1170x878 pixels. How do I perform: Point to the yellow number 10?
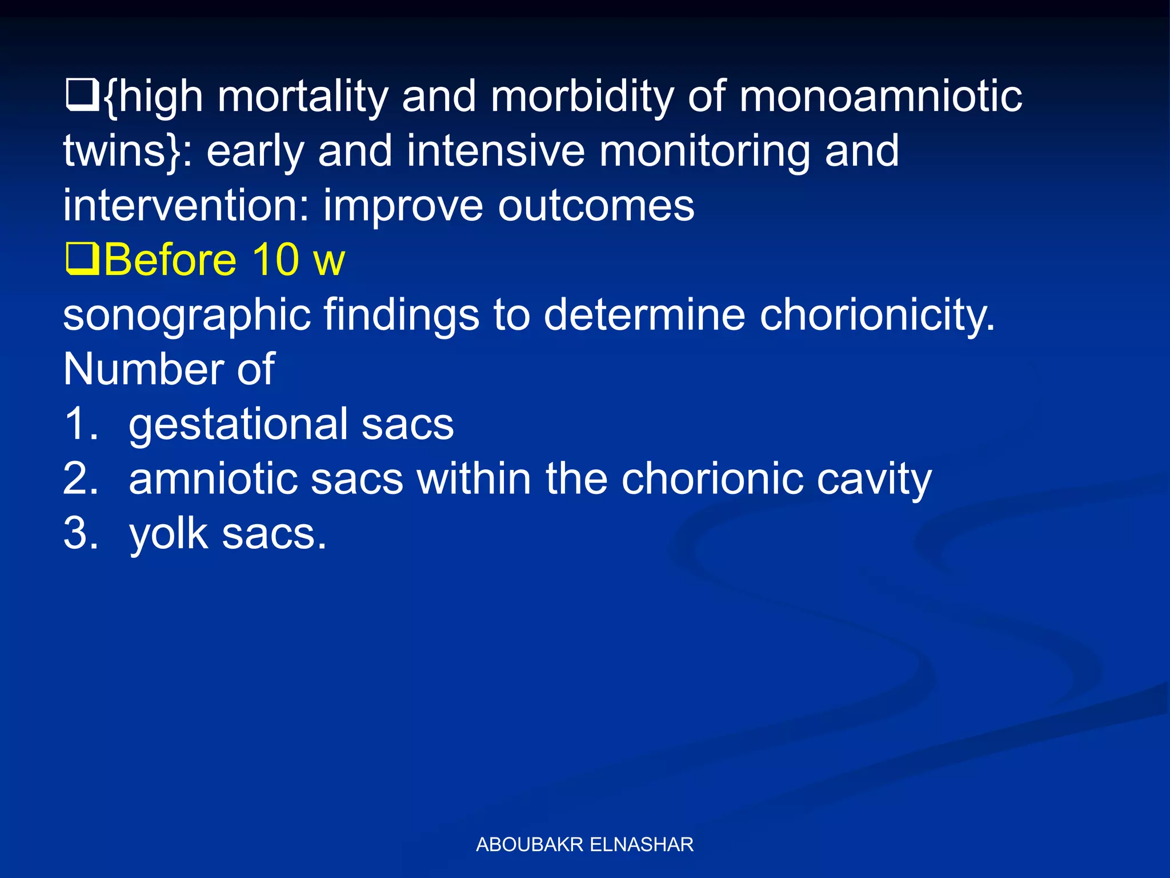tap(275, 260)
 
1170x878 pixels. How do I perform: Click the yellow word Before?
tap(170, 260)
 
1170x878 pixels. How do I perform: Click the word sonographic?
tap(186, 316)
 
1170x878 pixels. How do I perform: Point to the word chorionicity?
tap(877, 316)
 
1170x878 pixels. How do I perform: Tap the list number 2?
tap(81, 479)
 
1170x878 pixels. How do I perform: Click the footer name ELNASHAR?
tap(641, 844)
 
